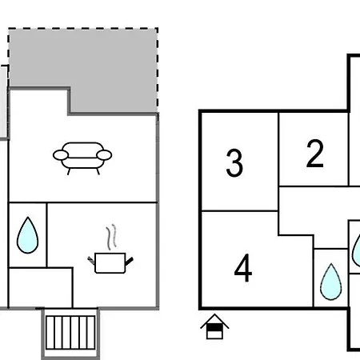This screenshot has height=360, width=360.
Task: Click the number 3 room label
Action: pyautogui.click(x=234, y=162)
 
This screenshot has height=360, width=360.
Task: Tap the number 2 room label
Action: pyautogui.click(x=315, y=154)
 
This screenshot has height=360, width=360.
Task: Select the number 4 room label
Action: pyautogui.click(x=243, y=268)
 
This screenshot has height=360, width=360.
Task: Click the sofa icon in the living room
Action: pyautogui.click(x=82, y=158)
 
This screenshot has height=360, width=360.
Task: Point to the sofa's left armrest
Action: pyautogui.click(x=61, y=155)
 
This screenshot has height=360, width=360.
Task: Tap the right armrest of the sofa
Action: pyautogui.click(x=104, y=155)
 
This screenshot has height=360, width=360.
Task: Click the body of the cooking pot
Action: pyautogui.click(x=110, y=263)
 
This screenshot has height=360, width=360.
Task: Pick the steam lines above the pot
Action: pyautogui.click(x=112, y=237)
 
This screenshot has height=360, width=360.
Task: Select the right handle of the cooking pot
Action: pyautogui.click(x=129, y=262)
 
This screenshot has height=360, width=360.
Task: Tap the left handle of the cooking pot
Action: pyautogui.click(x=91, y=261)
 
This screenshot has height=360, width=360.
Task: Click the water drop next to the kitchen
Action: pyautogui.click(x=27, y=235)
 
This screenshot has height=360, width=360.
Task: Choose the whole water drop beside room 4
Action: pyautogui.click(x=331, y=282)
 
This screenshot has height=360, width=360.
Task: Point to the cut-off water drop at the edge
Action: pyautogui.click(x=357, y=250)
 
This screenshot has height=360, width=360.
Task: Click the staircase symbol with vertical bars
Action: pyautogui.click(x=70, y=333)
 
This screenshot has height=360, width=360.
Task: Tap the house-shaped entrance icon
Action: pyautogui.click(x=214, y=326)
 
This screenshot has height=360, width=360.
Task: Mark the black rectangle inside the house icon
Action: pyautogui.click(x=214, y=327)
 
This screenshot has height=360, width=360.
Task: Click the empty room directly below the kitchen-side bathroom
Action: pyautogui.click(x=41, y=287)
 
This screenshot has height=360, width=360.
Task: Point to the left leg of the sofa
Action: pyautogui.click(x=69, y=171)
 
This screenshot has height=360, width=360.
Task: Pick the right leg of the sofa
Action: pyautogui.click(x=98, y=171)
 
